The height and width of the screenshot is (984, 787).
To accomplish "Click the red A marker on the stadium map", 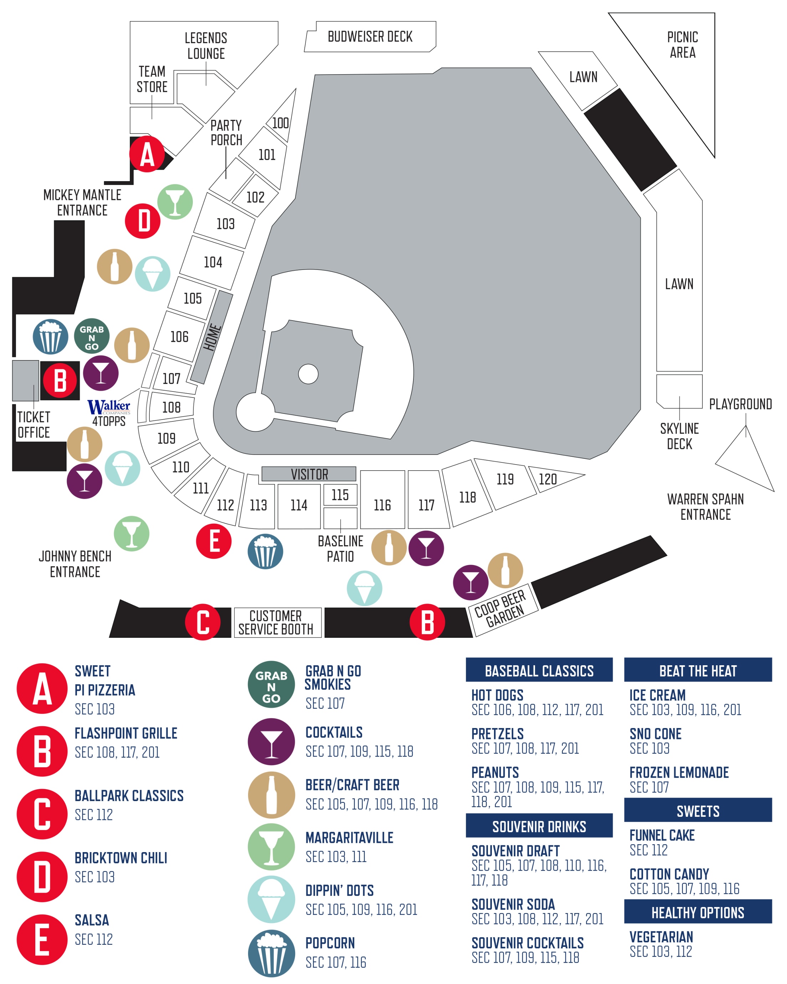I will tap(146, 154).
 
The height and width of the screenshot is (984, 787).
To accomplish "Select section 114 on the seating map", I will tap(299, 505).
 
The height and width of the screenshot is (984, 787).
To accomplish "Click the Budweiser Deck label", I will tap(370, 36).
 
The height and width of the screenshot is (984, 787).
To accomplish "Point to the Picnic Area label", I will tap(682, 45).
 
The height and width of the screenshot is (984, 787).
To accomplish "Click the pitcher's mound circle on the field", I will tap(308, 374).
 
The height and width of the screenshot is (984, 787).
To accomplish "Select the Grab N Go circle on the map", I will tap(92, 336).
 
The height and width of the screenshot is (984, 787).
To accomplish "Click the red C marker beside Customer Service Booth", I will tap(202, 622).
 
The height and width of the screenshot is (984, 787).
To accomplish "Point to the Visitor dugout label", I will tap(309, 474).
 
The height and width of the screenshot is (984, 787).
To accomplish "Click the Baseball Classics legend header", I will tap(539, 671).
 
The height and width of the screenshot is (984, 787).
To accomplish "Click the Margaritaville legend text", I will tap(349, 838).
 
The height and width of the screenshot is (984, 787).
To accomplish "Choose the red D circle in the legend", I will tap(42, 876).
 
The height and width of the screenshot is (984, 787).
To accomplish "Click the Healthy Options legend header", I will tap(698, 912).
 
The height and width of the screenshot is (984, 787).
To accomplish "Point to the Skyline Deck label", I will tap(679, 436).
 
